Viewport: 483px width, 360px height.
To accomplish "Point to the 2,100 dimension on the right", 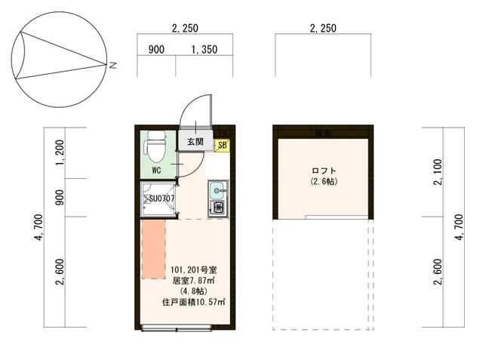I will (439, 177).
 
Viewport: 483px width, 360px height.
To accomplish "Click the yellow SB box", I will (223, 145).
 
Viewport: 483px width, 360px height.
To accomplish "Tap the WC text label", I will (156, 171).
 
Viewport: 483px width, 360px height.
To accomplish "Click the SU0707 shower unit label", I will (162, 199).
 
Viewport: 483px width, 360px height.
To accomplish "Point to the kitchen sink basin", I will (216, 189).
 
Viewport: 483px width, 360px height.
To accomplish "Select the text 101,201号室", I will (193, 269).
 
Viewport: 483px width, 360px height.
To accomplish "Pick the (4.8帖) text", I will (193, 291).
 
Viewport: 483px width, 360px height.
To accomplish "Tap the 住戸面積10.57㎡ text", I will (194, 302).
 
